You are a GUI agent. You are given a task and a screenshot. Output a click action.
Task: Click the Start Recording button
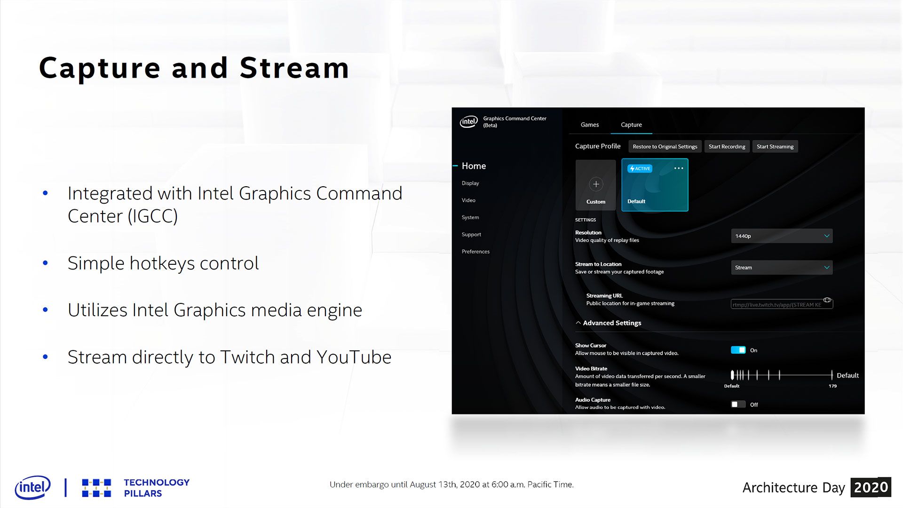pyautogui.click(x=727, y=146)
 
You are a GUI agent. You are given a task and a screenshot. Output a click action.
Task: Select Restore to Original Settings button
pyautogui.click(x=665, y=146)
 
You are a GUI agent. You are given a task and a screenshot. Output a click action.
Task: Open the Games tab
pyautogui.click(x=590, y=125)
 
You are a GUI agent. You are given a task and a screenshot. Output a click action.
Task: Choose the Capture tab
pyautogui.click(x=631, y=125)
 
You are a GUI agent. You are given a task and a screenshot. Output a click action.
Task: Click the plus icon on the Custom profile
pyautogui.click(x=596, y=184)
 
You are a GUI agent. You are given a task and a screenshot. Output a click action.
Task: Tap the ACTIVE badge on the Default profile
pyautogui.click(x=640, y=168)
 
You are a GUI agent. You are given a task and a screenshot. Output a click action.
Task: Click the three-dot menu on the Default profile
pyautogui.click(x=679, y=168)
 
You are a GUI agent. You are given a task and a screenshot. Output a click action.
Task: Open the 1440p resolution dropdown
pyautogui.click(x=782, y=236)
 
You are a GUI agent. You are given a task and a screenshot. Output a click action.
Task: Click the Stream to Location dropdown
pyautogui.click(x=782, y=267)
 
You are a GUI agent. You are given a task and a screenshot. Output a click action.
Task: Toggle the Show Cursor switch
pyautogui.click(x=738, y=350)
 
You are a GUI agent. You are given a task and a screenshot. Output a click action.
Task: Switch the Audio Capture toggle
pyautogui.click(x=738, y=405)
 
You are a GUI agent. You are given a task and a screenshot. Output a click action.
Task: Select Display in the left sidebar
pyautogui.click(x=470, y=183)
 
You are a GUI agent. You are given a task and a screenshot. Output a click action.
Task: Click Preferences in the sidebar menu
pyautogui.click(x=475, y=252)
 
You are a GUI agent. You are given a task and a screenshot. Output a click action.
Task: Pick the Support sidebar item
pyautogui.click(x=471, y=234)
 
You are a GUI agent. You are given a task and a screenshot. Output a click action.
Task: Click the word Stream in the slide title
pyautogui.click(x=294, y=68)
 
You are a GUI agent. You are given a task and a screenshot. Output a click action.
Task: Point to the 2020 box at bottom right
pyautogui.click(x=871, y=487)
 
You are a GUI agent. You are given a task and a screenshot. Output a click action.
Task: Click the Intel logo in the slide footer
pyautogui.click(x=32, y=487)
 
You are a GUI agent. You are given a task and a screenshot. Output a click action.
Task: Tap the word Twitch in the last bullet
pyautogui.click(x=248, y=357)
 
